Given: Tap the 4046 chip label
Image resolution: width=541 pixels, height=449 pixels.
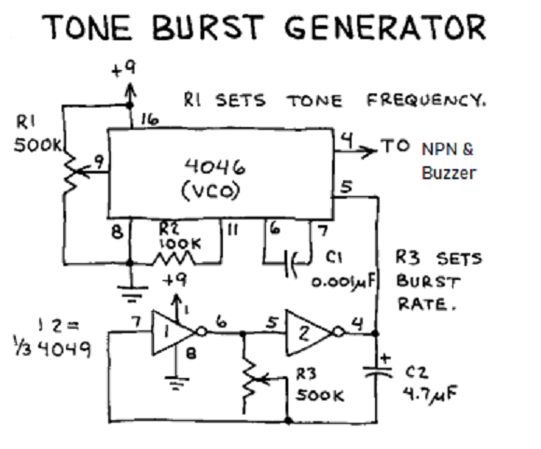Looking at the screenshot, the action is tap(215, 167).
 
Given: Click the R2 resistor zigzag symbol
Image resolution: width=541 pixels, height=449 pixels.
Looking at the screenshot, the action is tap(173, 259).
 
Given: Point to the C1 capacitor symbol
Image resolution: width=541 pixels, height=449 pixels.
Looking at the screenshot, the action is tap(292, 264).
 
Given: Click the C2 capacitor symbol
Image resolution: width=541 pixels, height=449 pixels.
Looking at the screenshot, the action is tap(378, 371).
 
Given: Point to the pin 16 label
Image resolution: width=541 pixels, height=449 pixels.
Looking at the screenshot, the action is tap(150, 119).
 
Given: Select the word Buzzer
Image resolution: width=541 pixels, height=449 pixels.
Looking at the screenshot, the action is tap(449, 173).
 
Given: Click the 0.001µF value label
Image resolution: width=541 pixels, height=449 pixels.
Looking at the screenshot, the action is tap(343, 282).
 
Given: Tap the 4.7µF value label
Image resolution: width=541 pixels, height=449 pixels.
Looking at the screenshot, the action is tap(430, 394).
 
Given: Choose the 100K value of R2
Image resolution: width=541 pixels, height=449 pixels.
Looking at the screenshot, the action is tap(179, 244).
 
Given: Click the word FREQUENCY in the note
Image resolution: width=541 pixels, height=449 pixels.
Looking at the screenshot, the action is tap(426, 101).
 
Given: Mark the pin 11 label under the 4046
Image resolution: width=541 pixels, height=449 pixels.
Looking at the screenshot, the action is tap(232, 230).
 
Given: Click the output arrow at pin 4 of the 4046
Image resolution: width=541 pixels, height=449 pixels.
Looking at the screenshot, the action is tap(355, 150).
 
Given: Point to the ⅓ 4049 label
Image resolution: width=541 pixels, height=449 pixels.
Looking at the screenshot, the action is tap(52, 349).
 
